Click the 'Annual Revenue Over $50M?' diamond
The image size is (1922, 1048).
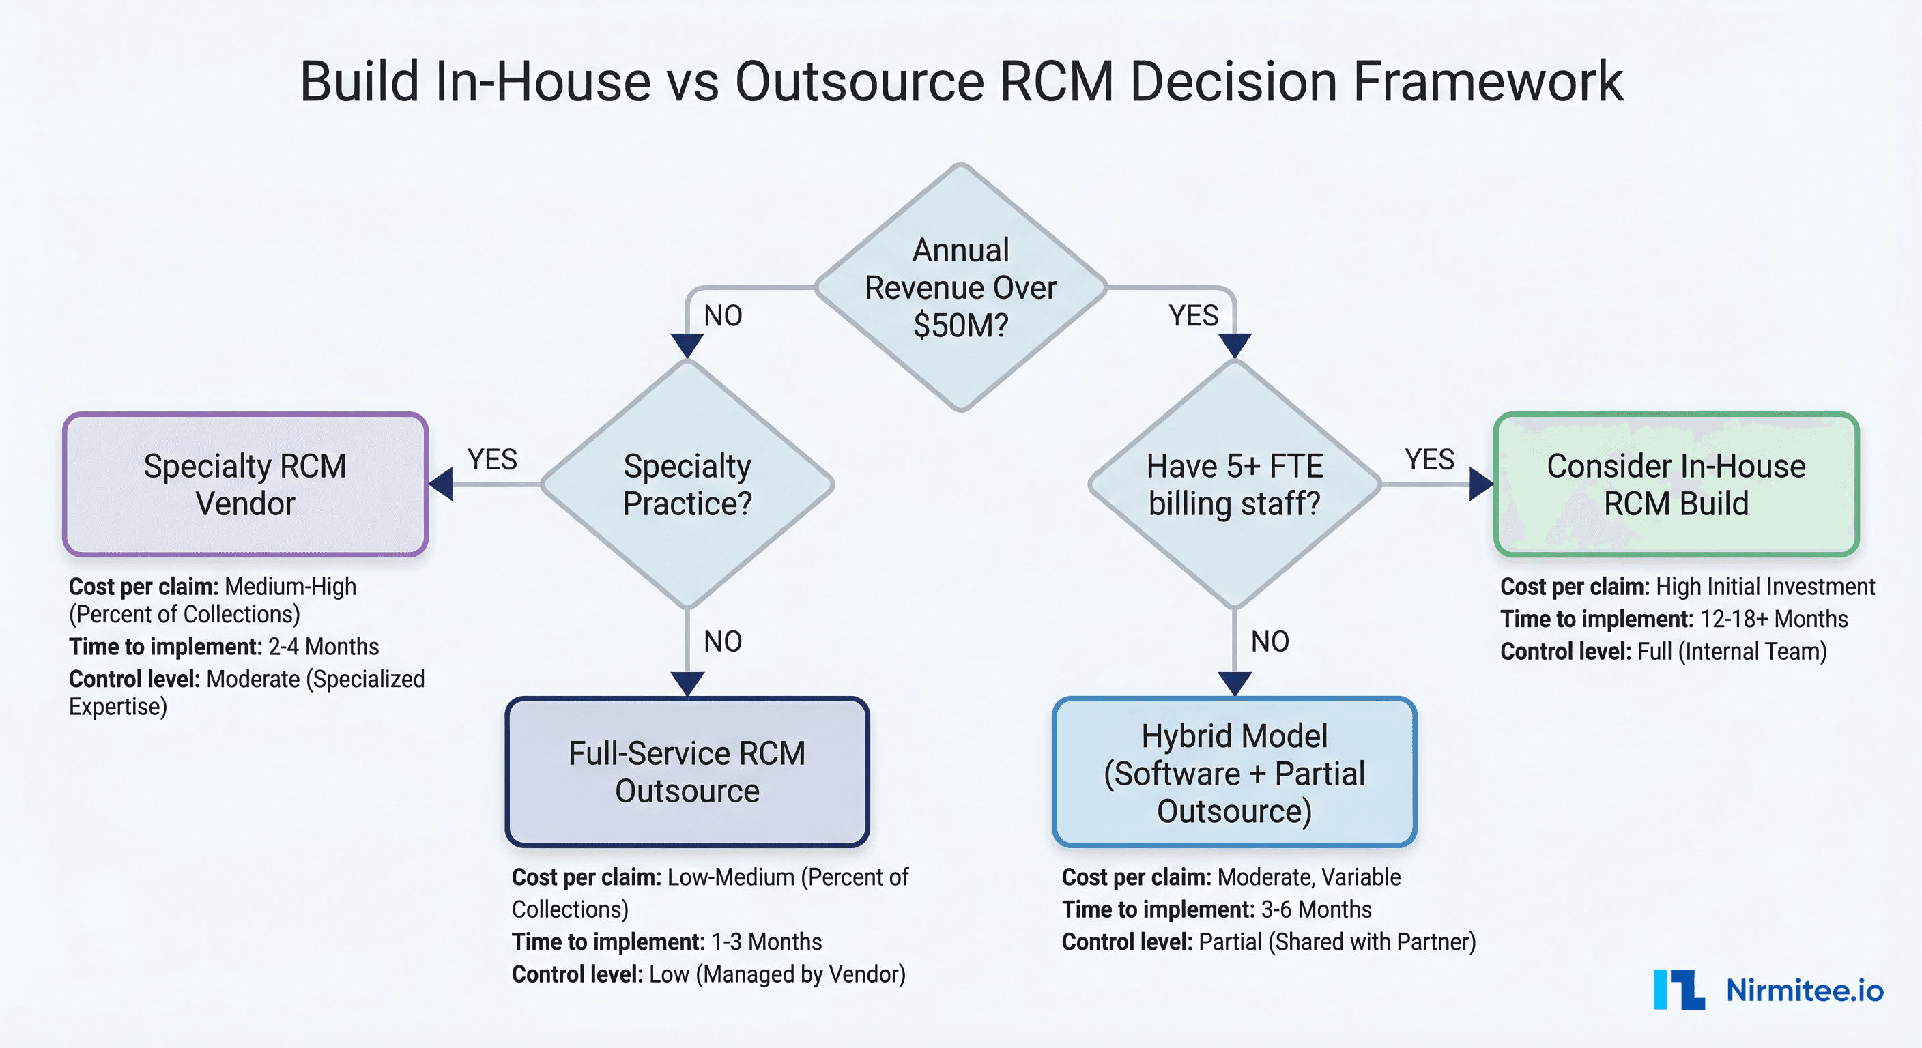coord(960,287)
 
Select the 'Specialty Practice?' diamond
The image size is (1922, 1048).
coord(687,484)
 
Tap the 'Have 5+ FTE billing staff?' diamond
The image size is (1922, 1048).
coord(1235,484)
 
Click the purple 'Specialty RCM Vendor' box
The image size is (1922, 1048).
coord(246,484)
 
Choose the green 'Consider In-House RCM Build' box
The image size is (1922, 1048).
coord(1676,484)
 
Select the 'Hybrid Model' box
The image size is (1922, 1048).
coord(1235,772)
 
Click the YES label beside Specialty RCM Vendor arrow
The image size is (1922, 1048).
coord(492,459)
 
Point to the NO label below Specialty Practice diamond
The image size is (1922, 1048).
coord(723,641)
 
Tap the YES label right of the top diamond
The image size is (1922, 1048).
coord(1193,315)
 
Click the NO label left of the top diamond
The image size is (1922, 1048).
coord(723,315)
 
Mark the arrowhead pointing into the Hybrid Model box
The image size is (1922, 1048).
coord(1235,683)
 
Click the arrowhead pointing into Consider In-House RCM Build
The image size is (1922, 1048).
coord(1480,484)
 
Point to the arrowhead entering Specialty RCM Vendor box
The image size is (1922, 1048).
coord(442,484)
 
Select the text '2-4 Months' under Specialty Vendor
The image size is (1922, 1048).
coord(323,647)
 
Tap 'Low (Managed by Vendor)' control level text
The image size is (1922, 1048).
coord(777,974)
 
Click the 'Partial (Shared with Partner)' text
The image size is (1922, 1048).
coord(1336,942)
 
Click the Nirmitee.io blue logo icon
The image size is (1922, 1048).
coord(1679,990)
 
